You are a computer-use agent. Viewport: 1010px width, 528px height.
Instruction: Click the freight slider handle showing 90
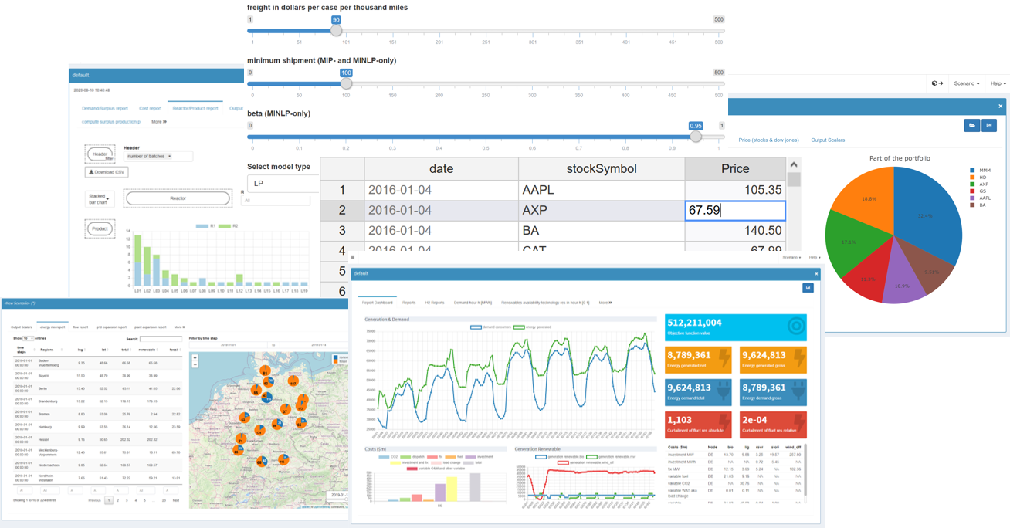(x=336, y=31)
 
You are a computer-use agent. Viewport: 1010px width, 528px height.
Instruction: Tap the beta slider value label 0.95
(x=696, y=126)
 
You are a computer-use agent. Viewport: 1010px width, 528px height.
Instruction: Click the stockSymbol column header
(x=601, y=169)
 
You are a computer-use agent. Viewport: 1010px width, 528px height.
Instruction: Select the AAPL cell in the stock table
(x=538, y=190)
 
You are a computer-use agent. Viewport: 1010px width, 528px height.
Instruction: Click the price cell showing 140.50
(x=734, y=231)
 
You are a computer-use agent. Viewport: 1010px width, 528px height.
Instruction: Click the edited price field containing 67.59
(x=734, y=210)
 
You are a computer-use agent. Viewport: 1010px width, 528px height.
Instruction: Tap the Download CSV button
(x=107, y=172)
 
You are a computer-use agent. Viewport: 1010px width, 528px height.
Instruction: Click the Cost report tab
(x=150, y=109)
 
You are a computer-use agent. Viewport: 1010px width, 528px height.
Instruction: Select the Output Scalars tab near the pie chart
(x=827, y=140)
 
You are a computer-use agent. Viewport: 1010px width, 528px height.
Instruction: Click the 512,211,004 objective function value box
(x=735, y=327)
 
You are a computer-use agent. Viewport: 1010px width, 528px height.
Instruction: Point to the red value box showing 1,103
(x=697, y=425)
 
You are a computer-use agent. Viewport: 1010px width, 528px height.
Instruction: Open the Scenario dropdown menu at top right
(x=966, y=83)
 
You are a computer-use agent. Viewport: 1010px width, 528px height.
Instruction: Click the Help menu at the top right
(x=997, y=83)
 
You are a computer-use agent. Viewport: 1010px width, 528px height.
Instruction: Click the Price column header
(x=734, y=169)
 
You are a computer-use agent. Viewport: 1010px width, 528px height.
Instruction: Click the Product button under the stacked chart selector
(x=100, y=229)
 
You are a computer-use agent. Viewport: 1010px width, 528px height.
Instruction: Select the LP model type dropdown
(x=283, y=184)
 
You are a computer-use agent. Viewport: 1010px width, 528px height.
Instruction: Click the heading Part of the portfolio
(x=900, y=158)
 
